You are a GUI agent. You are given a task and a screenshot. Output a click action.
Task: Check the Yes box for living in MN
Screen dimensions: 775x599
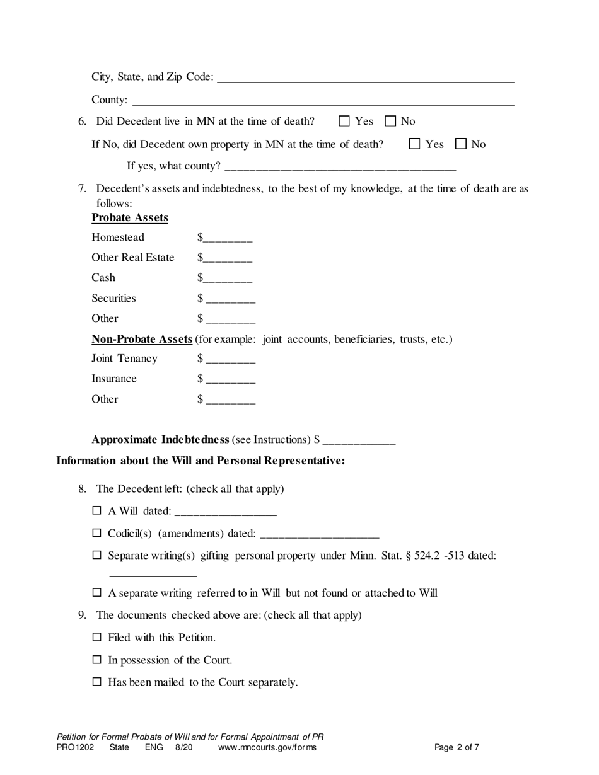(x=344, y=121)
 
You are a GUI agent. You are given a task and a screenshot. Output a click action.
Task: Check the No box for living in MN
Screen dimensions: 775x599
(x=390, y=121)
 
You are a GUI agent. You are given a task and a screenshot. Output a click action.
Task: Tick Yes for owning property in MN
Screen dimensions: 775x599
(x=415, y=144)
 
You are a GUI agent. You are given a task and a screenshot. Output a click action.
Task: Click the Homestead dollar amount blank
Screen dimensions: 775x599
(x=228, y=238)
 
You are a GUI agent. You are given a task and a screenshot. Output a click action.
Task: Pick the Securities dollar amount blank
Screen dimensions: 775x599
(x=230, y=299)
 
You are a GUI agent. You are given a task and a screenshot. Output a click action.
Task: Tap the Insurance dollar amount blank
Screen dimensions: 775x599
(x=230, y=379)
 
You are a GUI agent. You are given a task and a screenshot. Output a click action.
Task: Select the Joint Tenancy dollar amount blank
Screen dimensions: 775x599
(x=230, y=359)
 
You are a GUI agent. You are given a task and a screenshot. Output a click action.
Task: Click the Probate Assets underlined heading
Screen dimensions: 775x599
(x=130, y=218)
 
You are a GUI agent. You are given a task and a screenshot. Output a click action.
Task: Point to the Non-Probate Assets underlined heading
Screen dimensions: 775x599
(x=142, y=340)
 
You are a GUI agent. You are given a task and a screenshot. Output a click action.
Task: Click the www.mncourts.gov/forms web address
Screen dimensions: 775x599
(x=267, y=748)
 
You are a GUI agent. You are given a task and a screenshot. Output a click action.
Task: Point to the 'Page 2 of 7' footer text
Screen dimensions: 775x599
(x=457, y=748)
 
